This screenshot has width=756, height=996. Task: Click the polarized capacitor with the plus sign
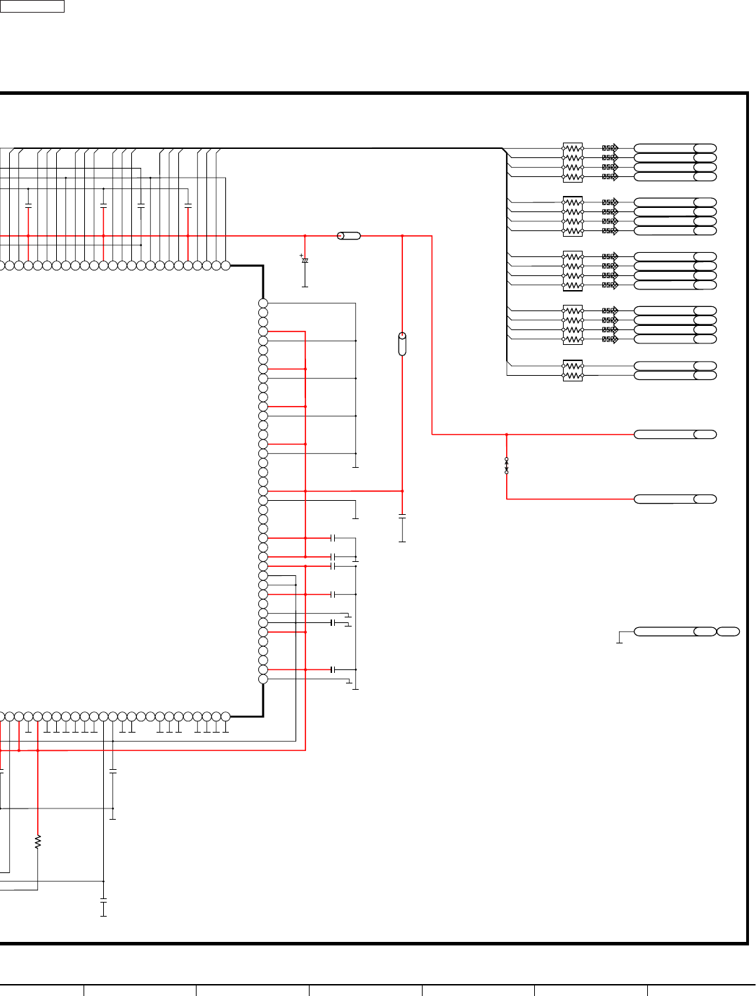tap(305, 261)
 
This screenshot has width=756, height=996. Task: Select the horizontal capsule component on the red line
tap(349, 236)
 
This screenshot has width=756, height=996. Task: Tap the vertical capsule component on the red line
tap(402, 344)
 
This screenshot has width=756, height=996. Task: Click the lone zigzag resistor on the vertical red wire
tap(38, 841)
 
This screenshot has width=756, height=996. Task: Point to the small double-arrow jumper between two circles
tap(507, 466)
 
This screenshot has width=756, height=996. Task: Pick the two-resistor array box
tap(573, 371)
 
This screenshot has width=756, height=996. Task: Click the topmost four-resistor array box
tap(573, 162)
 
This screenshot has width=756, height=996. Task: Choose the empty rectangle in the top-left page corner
tap(32, 6)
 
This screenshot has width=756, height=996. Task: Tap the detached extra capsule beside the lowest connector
tap(728, 631)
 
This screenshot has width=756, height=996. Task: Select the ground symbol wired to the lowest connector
tap(619, 640)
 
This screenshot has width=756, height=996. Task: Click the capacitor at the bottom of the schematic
tap(103, 900)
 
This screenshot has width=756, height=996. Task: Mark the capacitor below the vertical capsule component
tap(402, 516)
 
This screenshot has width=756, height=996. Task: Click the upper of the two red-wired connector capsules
tap(675, 435)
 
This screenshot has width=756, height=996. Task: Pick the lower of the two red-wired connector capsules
tap(675, 499)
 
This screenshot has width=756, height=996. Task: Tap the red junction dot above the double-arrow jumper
tap(507, 435)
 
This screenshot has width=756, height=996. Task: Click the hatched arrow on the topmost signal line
tap(610, 148)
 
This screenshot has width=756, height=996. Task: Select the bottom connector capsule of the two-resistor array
tap(675, 376)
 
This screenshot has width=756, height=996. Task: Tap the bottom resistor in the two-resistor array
tap(573, 376)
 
